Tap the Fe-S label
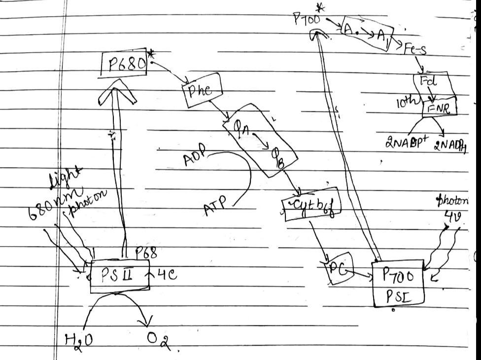tap(415, 49)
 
